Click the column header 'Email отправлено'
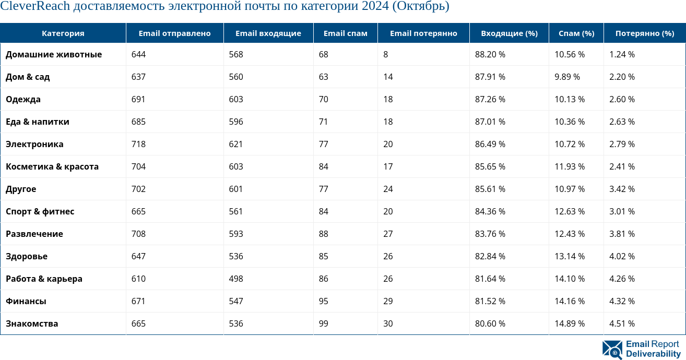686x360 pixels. pos(174,33)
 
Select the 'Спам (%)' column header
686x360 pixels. pos(576,33)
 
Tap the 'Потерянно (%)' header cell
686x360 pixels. pos(644,33)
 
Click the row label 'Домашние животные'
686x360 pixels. pos(54,55)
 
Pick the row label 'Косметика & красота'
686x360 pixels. pos(52,167)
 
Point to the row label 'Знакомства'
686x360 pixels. pos(32,324)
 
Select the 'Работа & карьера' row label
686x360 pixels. pos(44,279)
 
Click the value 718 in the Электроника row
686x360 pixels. pos(138,145)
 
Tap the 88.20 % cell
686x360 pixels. pos(490,55)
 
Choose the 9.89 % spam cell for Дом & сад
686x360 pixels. pos(567,77)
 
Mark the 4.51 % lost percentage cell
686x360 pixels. pos(622,324)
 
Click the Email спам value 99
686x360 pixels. pos(323,324)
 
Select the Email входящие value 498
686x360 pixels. pos(236,279)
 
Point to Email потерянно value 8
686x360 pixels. pos(385,55)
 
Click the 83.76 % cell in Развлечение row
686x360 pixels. pos(490,234)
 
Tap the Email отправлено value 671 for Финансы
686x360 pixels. pos(138,302)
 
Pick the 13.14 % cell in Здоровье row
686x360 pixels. pos(569,257)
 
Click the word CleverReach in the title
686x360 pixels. pos(35,7)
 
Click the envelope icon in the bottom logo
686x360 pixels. pos(612,350)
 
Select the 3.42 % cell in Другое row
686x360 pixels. pos(622,189)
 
